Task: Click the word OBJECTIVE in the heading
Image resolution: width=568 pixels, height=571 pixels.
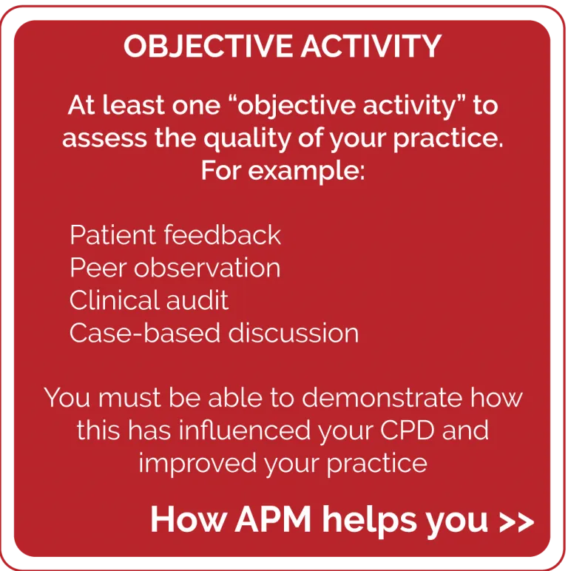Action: point(208,47)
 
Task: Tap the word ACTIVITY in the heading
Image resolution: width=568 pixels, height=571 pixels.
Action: point(371,46)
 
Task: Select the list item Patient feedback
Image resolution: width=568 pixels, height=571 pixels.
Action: point(175,235)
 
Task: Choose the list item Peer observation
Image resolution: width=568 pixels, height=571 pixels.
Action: point(175,268)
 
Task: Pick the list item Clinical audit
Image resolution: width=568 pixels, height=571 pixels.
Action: point(149,300)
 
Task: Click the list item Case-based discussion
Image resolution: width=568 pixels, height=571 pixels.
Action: point(214,333)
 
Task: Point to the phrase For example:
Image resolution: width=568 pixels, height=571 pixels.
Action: point(283,170)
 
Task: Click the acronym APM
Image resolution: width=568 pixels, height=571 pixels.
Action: point(273,519)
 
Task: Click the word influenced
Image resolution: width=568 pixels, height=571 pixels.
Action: point(245,430)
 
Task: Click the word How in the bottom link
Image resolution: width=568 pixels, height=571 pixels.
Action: point(189,519)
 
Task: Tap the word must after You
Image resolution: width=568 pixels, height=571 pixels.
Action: point(129,398)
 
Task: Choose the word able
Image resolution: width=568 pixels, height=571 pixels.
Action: point(235,397)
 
